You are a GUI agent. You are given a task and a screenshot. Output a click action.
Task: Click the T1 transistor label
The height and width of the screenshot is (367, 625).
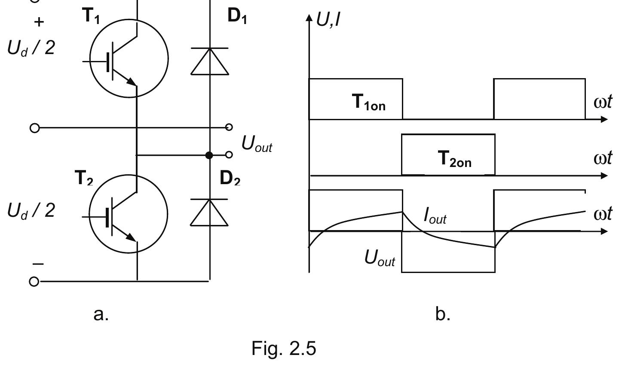91,17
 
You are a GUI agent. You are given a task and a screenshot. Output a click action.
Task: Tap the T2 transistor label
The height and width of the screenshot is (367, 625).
84,177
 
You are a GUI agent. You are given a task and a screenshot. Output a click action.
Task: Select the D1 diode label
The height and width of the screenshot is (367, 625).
237,17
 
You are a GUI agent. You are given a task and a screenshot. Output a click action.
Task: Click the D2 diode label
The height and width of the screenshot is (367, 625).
230,177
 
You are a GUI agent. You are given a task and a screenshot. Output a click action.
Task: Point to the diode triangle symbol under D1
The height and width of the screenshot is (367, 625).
210,62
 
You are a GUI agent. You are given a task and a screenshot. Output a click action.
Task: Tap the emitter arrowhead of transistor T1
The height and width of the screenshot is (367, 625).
131,81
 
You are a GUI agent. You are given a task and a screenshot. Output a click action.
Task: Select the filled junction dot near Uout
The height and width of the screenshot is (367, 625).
209,155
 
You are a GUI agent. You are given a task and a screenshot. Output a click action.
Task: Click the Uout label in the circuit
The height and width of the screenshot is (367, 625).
257,144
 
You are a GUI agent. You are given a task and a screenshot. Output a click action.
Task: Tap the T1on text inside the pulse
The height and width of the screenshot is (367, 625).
369,103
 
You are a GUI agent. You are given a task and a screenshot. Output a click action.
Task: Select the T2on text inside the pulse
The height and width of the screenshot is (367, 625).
455,159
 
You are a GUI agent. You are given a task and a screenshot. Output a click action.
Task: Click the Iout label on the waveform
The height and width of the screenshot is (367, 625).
435,215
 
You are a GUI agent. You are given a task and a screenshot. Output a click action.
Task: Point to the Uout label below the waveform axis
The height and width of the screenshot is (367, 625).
380,258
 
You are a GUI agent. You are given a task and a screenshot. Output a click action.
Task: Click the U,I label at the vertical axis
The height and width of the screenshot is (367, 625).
328,19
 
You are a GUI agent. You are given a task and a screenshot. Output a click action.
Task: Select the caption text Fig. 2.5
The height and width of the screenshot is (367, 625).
283,349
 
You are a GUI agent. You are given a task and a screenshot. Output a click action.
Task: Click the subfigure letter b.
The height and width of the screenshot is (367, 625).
443,314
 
